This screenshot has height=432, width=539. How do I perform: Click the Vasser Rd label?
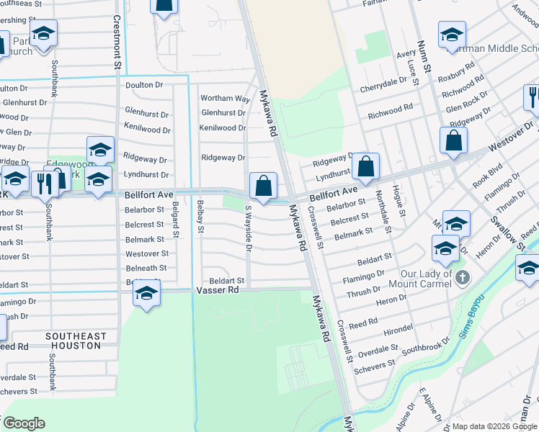click(217, 289)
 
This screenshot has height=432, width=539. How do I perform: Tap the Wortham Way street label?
click(225, 98)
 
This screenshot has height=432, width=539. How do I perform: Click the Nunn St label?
click(426, 65)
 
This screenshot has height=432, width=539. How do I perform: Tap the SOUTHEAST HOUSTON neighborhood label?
click(75, 341)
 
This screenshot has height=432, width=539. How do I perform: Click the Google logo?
click(24, 423)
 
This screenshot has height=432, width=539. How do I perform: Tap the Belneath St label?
click(146, 267)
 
